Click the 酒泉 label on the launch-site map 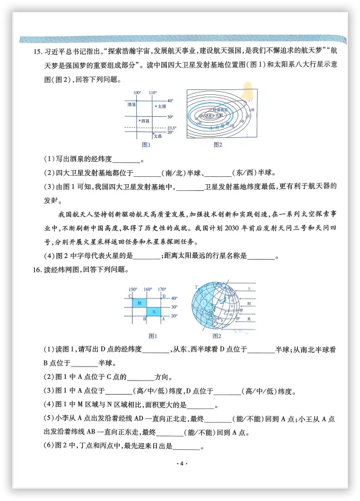coord(132,105)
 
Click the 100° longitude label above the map coord(137,92)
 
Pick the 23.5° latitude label coord(171,128)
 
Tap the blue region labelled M coord(139,302)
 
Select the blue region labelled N coord(154,312)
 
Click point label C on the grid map coord(130,296)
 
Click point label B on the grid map coord(145,319)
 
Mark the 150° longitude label coord(133,289)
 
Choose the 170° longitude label coord(161,289)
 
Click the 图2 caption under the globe coord(216,336)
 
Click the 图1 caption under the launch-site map coord(146,145)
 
